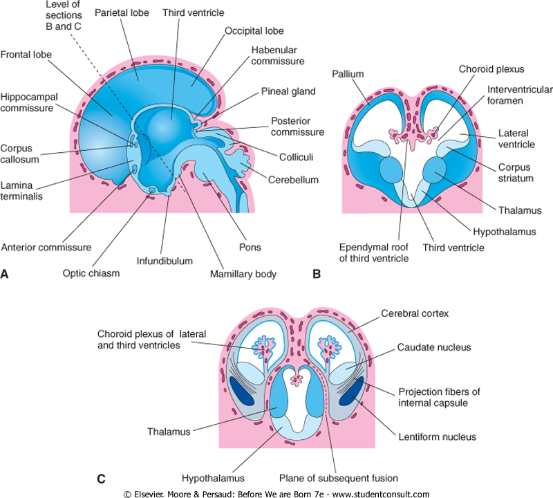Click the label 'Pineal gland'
pos(288,91)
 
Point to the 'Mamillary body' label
pos(243,274)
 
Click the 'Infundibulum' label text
pos(164,261)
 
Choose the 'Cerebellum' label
pos(294,180)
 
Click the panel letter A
pos(6,275)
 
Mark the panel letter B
pos(317,275)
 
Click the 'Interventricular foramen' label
pos(512,96)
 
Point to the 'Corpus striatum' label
pos(516,172)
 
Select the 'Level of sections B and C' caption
pos(59,16)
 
